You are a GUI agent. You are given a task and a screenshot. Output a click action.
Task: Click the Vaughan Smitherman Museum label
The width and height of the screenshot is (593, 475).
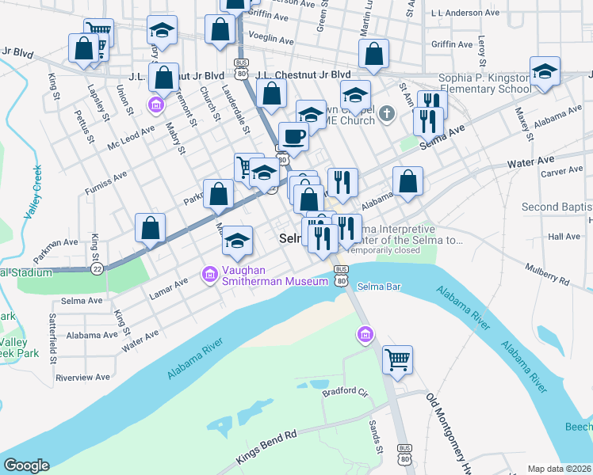(274, 275)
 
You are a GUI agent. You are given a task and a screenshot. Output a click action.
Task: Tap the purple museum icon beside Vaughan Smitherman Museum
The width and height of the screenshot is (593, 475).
(210, 275)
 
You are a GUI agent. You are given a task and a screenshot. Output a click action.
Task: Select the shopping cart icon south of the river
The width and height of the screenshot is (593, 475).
(397, 359)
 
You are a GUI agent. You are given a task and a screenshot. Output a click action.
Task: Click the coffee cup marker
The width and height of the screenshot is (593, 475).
(293, 136)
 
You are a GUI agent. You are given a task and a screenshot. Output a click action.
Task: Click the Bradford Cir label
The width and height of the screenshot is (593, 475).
(345, 391)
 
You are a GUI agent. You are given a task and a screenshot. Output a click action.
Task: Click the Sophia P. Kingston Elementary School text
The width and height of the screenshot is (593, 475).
(484, 83)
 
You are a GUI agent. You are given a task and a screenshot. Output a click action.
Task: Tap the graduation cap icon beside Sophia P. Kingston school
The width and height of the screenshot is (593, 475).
(545, 72)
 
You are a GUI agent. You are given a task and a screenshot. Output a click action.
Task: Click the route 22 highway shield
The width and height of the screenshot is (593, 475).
(97, 268)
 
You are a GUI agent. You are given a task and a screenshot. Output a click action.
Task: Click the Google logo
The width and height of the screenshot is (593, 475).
(26, 465)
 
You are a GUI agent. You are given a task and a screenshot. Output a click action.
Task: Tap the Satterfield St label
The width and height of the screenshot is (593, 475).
(53, 340)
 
